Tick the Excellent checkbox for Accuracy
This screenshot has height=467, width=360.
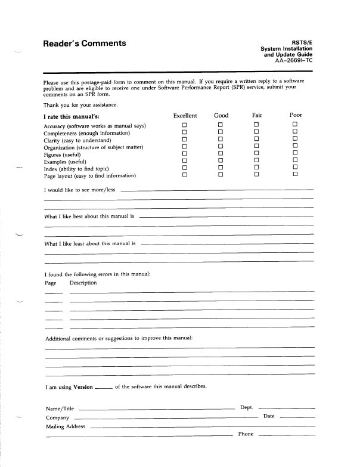[x=185, y=125]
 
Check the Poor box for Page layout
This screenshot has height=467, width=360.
[x=294, y=174]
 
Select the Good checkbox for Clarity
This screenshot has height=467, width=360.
[x=219, y=139]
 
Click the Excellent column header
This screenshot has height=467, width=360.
[x=185, y=115]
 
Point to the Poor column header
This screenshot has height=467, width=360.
[x=296, y=115]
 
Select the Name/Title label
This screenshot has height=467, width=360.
[x=60, y=409]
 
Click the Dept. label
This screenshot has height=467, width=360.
[x=246, y=407]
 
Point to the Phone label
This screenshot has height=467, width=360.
[x=246, y=434]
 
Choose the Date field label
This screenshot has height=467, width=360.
[x=269, y=416]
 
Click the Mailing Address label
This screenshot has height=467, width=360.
[x=66, y=426]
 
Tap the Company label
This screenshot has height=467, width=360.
[x=57, y=417]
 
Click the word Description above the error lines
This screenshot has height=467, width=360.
[x=83, y=283]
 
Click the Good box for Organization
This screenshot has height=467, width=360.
[x=219, y=146]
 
